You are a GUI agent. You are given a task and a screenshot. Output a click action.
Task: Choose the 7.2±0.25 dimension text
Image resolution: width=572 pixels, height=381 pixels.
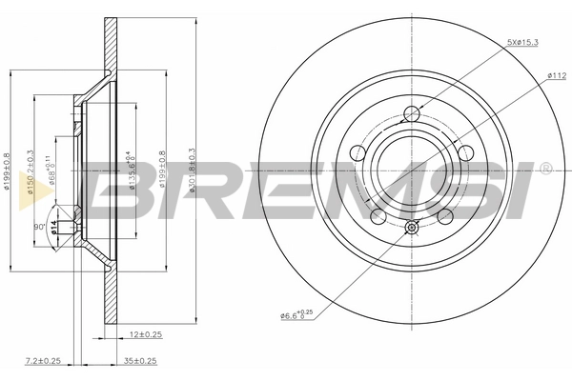pyautogui.click(x=43, y=361)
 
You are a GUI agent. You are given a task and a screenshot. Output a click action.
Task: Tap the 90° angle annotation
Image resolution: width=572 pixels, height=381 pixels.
pyautogui.click(x=40, y=227)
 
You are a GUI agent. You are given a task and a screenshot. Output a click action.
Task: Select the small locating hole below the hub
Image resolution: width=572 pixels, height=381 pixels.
pyautogui.click(x=412, y=227)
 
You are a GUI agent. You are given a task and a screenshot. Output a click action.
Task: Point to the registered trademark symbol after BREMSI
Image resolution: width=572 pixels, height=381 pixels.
pyautogui.click(x=544, y=169)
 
